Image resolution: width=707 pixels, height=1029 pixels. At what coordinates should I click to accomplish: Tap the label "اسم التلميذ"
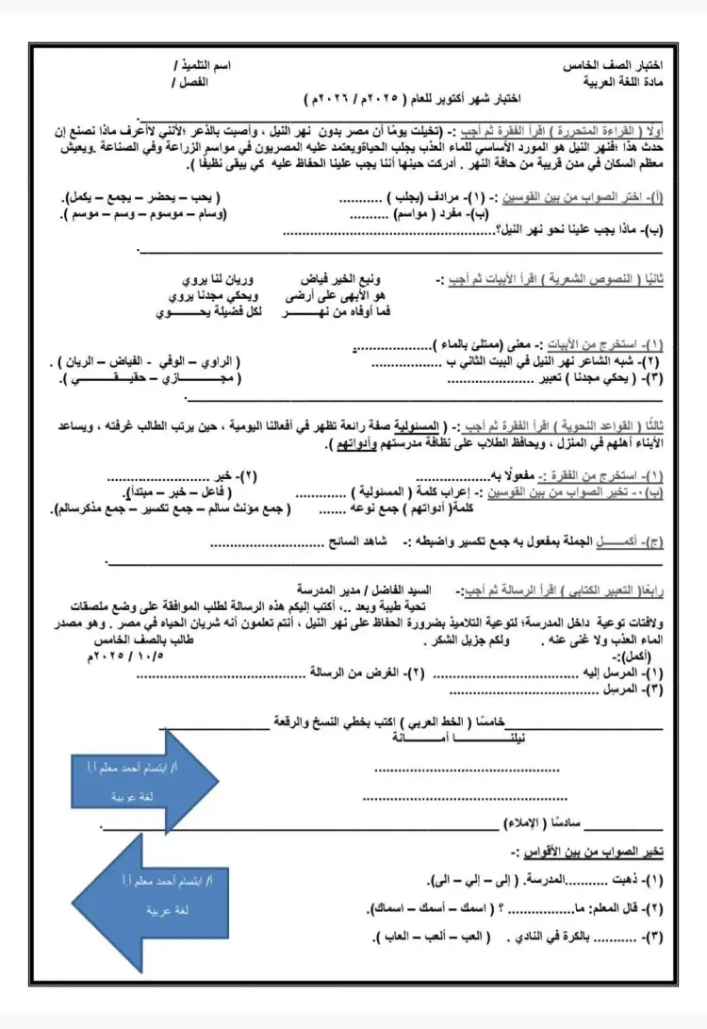203,70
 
